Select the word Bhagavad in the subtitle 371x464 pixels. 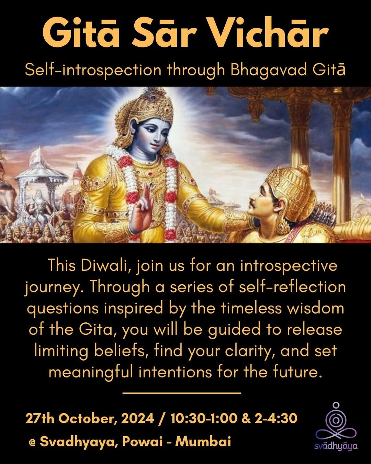coord(269,70)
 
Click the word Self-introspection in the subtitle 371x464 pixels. coord(93,70)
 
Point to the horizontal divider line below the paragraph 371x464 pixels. coord(182,393)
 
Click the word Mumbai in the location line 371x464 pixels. coord(203,441)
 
